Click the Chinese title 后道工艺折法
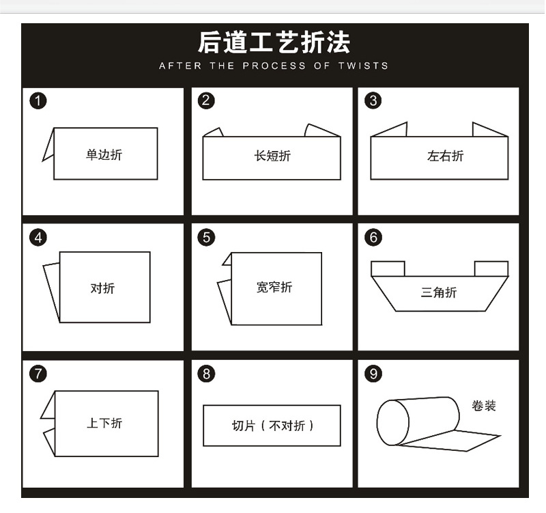pyautogui.click(x=274, y=42)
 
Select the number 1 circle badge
pyautogui.click(x=38, y=102)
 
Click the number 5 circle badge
pyautogui.click(x=206, y=238)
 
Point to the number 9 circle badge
pyautogui.click(x=373, y=374)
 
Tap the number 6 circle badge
pyautogui.click(x=373, y=238)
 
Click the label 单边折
pyautogui.click(x=104, y=155)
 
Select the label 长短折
pyautogui.click(x=272, y=156)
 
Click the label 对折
pyautogui.click(x=102, y=288)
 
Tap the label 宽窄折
pyautogui.click(x=274, y=288)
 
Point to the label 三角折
pyautogui.click(x=439, y=293)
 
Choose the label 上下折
pyautogui.click(x=104, y=424)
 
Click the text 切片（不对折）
pyautogui.click(x=272, y=426)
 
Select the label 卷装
pyautogui.click(x=483, y=406)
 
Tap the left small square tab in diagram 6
pyautogui.click(x=388, y=268)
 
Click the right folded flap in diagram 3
pyautogui.click(x=489, y=130)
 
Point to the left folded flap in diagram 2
pyautogui.click(x=214, y=133)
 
